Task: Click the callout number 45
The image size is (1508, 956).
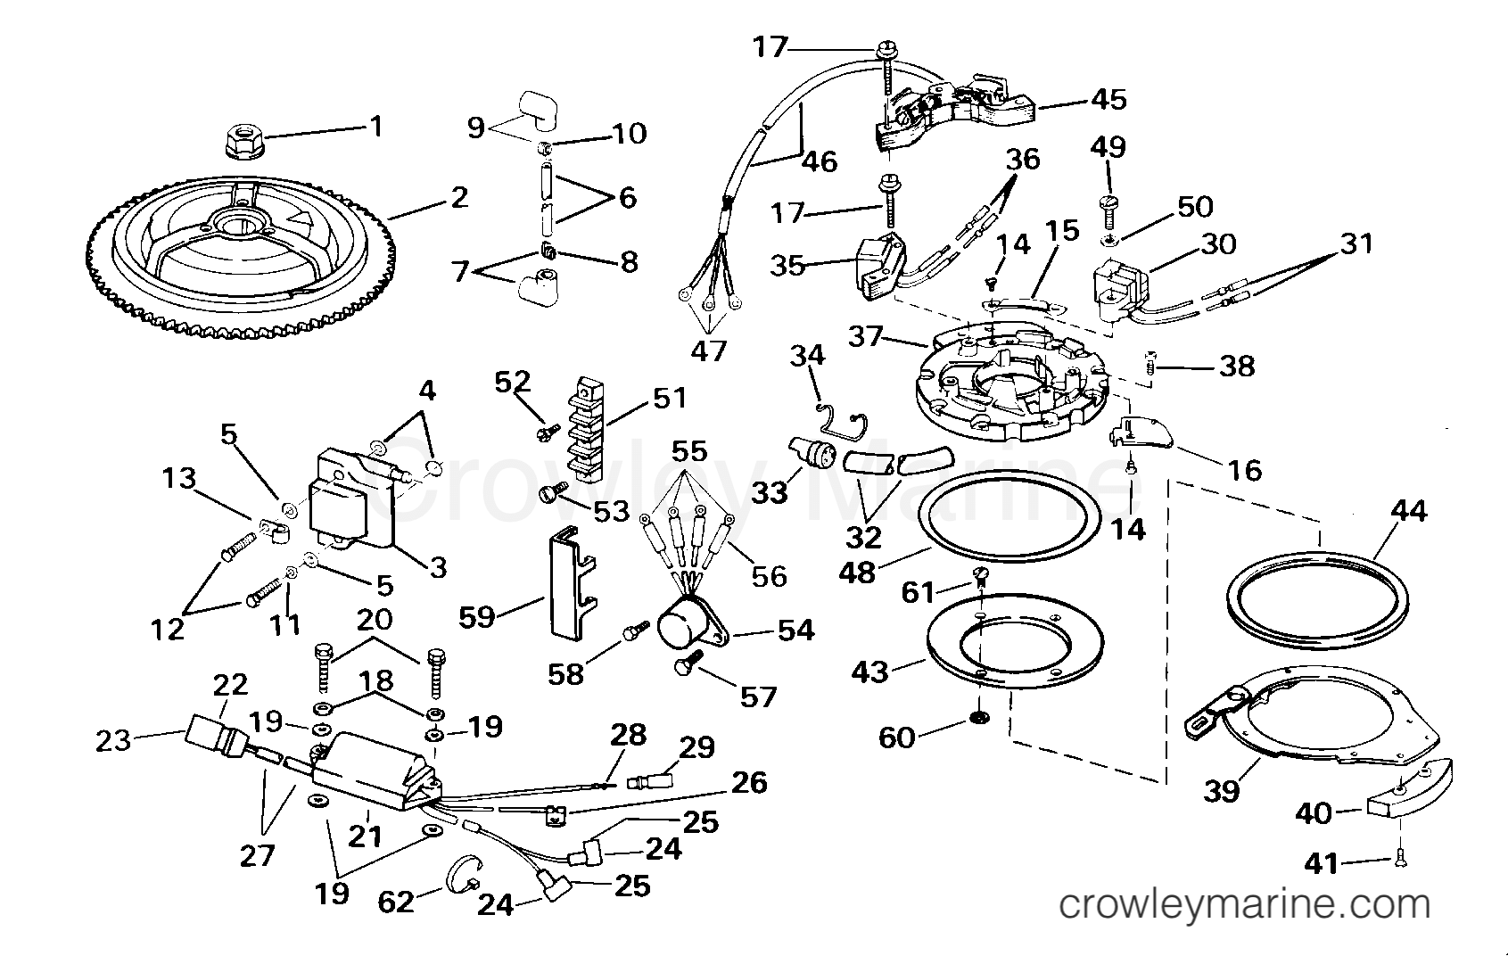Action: pyautogui.click(x=1108, y=99)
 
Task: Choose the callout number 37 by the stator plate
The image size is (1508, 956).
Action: pyautogui.click(x=866, y=338)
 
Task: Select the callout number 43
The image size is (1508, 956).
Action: pyautogui.click(x=869, y=671)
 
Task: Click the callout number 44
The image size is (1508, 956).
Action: pyautogui.click(x=1409, y=512)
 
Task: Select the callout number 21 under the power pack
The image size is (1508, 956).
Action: pyautogui.click(x=365, y=836)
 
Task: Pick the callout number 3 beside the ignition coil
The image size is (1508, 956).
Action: pyautogui.click(x=437, y=567)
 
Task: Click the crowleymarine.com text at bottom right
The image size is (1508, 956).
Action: pyautogui.click(x=1243, y=906)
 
